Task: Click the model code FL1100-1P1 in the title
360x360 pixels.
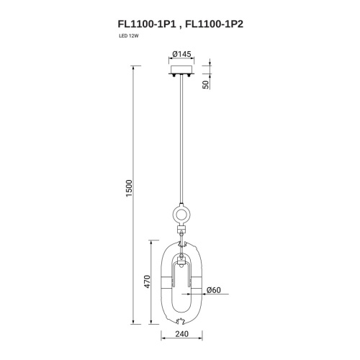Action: pyautogui.click(x=147, y=24)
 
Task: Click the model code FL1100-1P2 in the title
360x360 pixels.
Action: pyautogui.click(x=215, y=24)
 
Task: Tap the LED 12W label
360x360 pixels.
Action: pyautogui.click(x=129, y=36)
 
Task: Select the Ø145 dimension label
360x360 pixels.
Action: pyautogui.click(x=181, y=54)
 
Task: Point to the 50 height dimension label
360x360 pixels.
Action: pyautogui.click(x=206, y=85)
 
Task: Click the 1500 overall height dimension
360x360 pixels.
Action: pyautogui.click(x=129, y=188)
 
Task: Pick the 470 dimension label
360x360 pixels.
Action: pyautogui.click(x=147, y=282)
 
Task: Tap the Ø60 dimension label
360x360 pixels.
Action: pyautogui.click(x=213, y=290)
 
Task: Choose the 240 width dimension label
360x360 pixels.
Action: pyautogui.click(x=181, y=334)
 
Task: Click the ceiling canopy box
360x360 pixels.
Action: pyautogui.click(x=182, y=70)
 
